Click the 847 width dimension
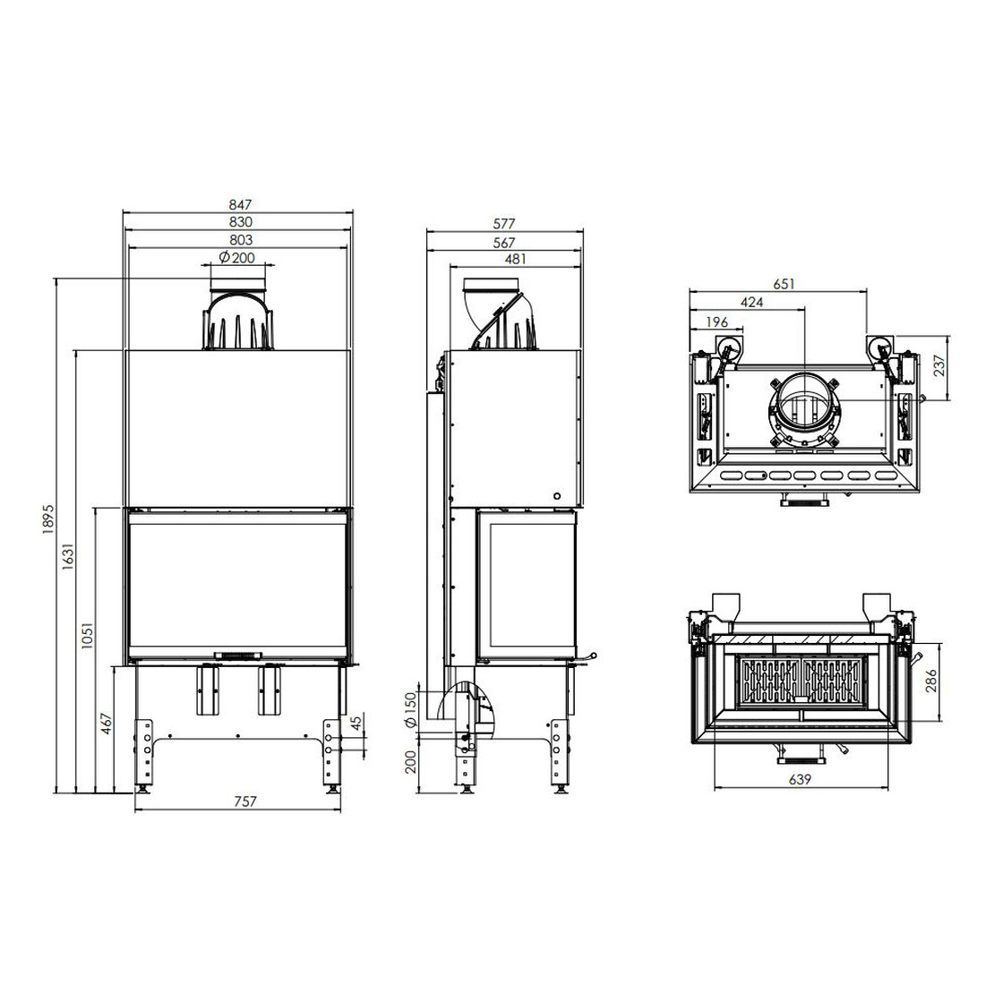click(241, 205)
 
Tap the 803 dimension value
click(241, 240)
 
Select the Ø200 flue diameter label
click(236, 258)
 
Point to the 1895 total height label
click(50, 520)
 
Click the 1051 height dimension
click(88, 635)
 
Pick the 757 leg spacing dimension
click(245, 801)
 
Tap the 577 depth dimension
click(504, 224)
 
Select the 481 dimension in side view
click(515, 259)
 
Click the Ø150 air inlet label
click(411, 709)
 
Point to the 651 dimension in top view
click(784, 284)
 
